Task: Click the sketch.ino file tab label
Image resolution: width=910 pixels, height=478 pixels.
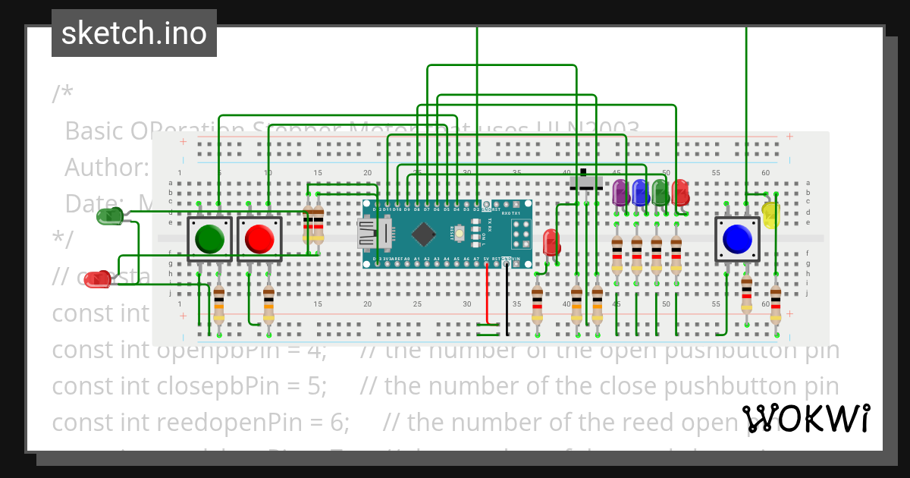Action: point(134,33)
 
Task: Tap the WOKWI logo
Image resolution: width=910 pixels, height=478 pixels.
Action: point(805,418)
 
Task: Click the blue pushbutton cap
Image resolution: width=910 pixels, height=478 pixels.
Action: point(737,239)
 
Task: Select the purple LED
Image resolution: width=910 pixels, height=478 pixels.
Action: point(620,192)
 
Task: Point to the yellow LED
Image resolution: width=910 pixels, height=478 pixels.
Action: point(770,215)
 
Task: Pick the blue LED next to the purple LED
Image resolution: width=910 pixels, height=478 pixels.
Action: point(639,192)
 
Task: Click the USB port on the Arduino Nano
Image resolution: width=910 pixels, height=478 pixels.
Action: point(368,233)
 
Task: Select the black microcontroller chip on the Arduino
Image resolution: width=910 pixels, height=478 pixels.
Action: point(423,233)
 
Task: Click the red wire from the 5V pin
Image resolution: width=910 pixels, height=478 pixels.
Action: point(488,296)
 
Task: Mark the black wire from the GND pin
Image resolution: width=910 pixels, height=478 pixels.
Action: point(507,300)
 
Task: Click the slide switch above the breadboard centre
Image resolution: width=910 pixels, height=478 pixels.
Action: point(586,182)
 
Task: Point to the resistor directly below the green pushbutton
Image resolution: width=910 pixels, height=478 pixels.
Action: point(219,304)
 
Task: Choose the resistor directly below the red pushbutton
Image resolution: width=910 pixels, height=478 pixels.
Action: point(268,304)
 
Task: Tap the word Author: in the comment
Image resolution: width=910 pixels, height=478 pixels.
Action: point(106,167)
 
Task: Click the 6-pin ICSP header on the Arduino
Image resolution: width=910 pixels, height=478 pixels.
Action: point(521,233)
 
